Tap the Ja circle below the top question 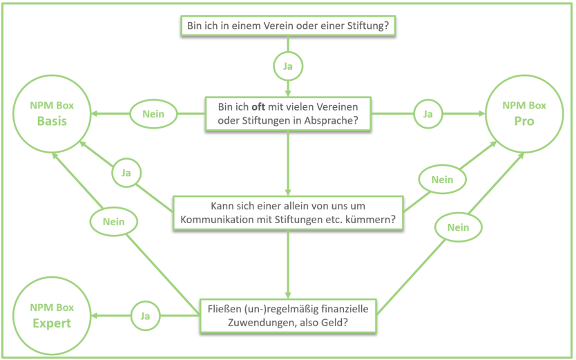[x=288, y=66]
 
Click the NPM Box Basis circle [x=52, y=113]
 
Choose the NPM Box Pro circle [x=524, y=113]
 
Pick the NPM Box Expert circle [x=52, y=315]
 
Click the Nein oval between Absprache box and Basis [x=153, y=113]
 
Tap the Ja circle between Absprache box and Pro [x=428, y=113]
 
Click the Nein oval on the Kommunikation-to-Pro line [x=442, y=180]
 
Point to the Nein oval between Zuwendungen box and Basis [x=114, y=222]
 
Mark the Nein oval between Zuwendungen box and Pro [x=458, y=227]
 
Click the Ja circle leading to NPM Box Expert [x=145, y=316]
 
